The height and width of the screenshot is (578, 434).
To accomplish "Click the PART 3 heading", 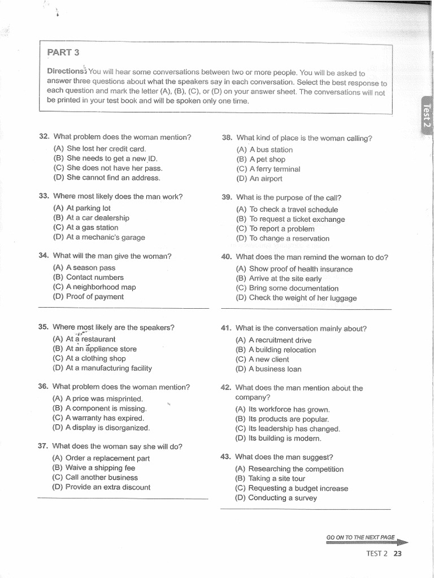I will (x=63, y=52).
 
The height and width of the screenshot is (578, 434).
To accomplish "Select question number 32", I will (x=45, y=137).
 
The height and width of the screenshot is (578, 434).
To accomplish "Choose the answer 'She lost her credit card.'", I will (x=106, y=148).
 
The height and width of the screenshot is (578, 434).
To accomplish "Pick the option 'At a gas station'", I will (x=92, y=227).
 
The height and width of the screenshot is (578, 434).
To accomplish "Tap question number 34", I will (x=45, y=256).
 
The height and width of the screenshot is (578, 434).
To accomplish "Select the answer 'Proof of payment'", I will (x=94, y=296).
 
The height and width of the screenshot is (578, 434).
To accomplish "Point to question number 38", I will (x=227, y=138).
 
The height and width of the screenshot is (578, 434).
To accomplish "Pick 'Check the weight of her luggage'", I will (x=302, y=298).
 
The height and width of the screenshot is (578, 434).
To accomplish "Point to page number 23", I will (x=397, y=553).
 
